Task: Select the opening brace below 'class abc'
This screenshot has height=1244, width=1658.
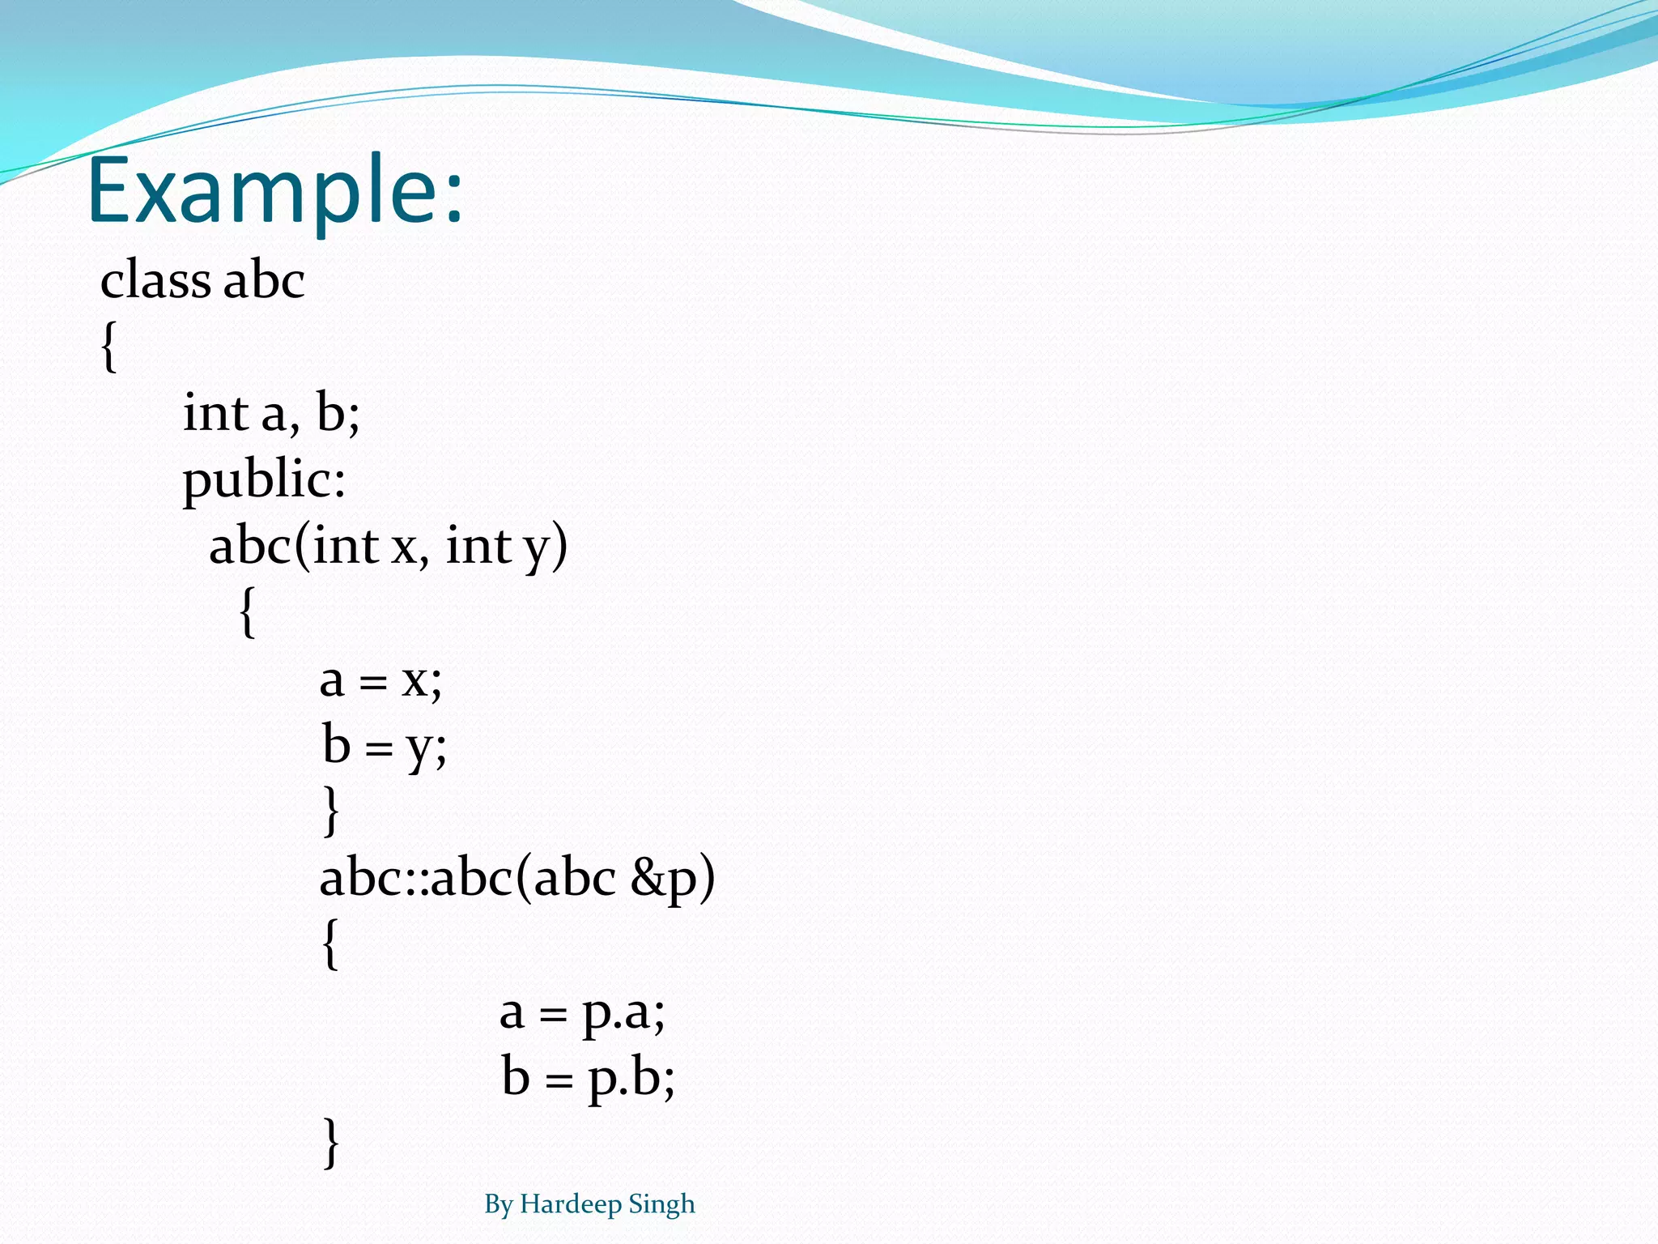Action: pos(109,347)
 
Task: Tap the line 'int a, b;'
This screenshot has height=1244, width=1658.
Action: pos(271,413)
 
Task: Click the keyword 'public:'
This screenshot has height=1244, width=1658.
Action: pos(264,480)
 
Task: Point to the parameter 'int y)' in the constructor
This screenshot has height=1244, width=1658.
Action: pos(507,547)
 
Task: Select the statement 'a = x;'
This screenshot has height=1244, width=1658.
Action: pos(380,680)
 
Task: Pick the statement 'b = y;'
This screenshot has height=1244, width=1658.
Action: pos(384,746)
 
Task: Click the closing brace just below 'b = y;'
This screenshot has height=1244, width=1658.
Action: pos(330,811)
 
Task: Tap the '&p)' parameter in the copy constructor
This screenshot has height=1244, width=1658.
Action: pos(673,879)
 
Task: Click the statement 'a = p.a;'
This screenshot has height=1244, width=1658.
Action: pos(582,1012)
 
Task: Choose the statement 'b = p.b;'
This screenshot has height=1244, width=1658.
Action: pos(588,1078)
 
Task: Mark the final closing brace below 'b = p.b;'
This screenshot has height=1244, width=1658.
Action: pos(330,1143)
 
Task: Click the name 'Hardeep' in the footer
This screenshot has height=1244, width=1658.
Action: pos(571,1204)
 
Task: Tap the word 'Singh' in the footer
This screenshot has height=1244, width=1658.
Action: pos(661,1204)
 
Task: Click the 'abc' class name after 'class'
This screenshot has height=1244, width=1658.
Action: pos(264,280)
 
